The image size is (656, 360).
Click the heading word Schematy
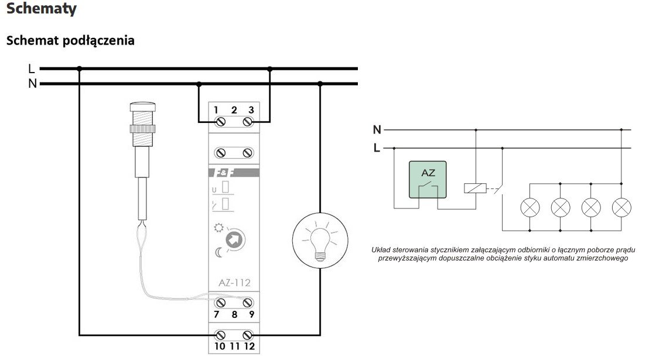tap(42, 8)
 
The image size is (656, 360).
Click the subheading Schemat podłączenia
tap(70, 40)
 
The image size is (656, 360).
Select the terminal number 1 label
tap(216, 110)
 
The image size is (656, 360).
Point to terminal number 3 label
tap(251, 110)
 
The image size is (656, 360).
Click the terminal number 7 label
tap(216, 314)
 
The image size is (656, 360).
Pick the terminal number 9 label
tap(251, 314)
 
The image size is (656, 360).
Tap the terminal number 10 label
tap(220, 346)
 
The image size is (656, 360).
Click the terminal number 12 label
tap(250, 346)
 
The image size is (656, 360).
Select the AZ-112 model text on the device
tap(234, 283)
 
